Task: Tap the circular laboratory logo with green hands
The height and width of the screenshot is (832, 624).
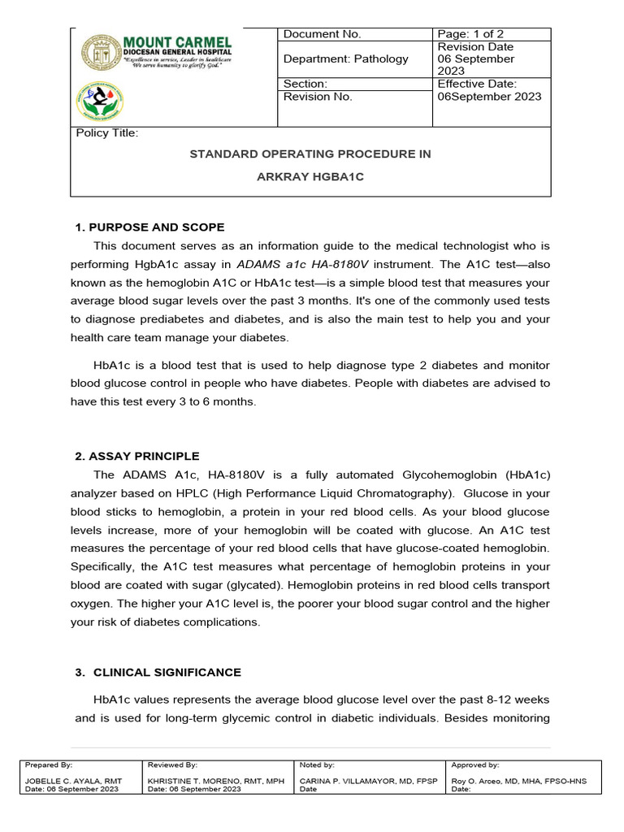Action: pos(100,102)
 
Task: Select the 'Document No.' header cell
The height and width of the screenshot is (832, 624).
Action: pos(322,34)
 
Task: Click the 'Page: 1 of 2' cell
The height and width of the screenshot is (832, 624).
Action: pos(470,34)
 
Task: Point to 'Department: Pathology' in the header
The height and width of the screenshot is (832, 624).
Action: pos(345,58)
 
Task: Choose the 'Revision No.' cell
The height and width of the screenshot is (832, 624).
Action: pos(318,97)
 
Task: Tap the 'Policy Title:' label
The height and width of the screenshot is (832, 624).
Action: pos(107,133)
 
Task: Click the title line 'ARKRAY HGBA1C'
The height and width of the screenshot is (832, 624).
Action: pos(310,176)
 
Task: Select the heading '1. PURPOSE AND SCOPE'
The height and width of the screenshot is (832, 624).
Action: pos(149,227)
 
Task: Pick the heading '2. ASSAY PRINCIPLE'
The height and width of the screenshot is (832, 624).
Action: pos(136,456)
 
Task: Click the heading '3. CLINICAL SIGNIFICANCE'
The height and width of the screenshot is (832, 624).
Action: pos(167,673)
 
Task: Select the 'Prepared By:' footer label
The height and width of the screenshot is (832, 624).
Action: pos(49,765)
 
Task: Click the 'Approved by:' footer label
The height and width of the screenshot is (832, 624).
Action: pos(475,765)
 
